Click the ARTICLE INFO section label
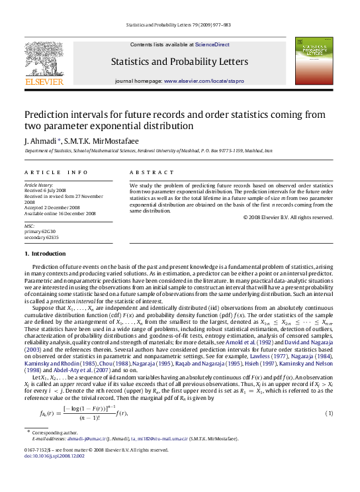(56, 172)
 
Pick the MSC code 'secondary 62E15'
(44, 237)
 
